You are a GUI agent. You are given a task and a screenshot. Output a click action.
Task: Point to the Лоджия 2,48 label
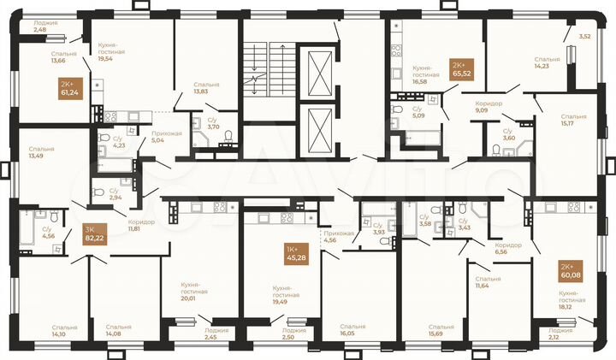click(44, 27)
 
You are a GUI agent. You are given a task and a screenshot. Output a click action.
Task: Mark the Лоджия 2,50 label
click(293, 333)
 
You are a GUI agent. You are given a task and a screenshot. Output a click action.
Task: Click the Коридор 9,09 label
click(489, 106)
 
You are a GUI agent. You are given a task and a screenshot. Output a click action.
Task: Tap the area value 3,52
click(585, 37)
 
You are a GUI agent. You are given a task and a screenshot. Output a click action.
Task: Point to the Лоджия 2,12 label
click(560, 333)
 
